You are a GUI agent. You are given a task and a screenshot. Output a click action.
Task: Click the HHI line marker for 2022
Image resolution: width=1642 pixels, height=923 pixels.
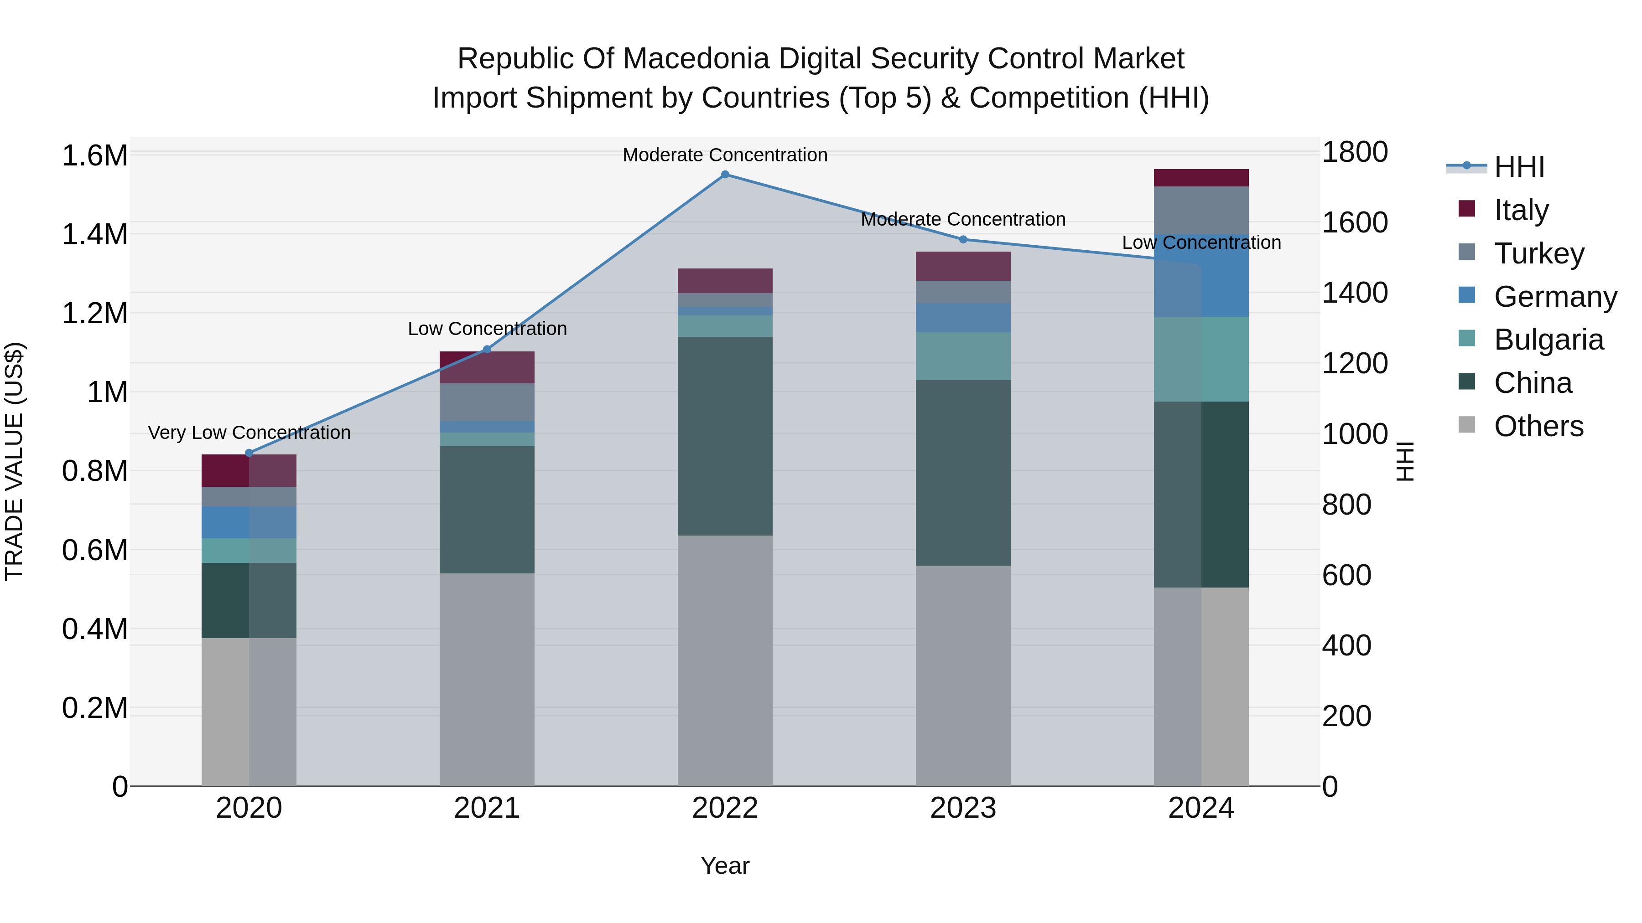point(725,174)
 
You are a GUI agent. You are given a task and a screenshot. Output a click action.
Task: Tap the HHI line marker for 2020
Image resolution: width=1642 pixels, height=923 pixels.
point(249,453)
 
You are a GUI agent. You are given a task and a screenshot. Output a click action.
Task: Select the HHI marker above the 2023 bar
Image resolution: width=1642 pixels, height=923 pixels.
point(963,239)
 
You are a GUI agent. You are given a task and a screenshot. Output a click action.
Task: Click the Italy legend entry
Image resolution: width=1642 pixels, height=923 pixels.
point(1520,210)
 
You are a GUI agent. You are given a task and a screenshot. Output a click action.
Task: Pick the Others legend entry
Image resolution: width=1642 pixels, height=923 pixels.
point(1538,426)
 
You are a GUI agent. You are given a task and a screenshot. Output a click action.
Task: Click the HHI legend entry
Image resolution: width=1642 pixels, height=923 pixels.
point(1518,167)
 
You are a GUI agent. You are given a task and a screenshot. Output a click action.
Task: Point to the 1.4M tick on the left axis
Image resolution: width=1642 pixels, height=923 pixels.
point(94,234)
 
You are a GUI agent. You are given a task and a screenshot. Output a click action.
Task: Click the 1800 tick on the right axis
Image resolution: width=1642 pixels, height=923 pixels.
point(1355,152)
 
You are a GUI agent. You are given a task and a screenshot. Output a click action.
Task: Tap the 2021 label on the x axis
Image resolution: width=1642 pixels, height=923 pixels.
point(487,808)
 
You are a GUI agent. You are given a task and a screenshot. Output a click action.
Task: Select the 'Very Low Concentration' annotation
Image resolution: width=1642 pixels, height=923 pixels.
point(249,433)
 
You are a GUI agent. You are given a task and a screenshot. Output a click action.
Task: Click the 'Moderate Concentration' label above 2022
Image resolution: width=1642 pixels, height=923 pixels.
point(725,155)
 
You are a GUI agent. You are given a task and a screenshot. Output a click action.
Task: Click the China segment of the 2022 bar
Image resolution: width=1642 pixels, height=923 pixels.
point(725,436)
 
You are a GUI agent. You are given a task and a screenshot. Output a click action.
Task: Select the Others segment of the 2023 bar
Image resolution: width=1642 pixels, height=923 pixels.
point(963,675)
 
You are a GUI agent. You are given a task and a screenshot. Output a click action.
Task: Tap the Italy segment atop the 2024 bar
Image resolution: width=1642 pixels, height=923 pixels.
point(1201,178)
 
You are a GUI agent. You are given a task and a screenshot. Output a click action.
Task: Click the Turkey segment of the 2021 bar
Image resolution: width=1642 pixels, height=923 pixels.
point(487,402)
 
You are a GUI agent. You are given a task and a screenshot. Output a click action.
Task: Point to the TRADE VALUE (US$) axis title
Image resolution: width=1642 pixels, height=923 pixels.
point(14,461)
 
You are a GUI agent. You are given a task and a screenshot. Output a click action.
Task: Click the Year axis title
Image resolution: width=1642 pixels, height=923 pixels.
point(725,866)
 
